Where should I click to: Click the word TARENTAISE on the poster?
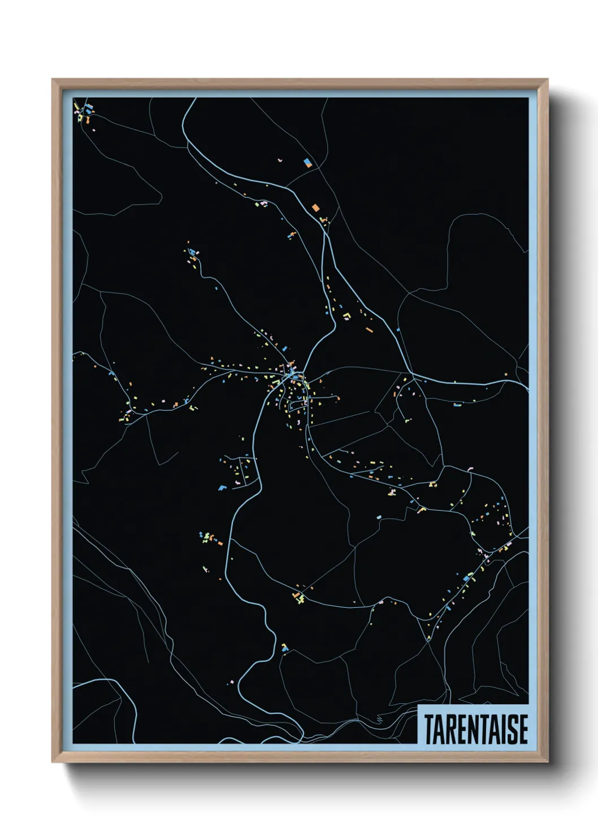476,729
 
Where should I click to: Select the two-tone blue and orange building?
307,163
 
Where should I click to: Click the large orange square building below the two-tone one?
315,207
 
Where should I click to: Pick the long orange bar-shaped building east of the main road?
369,329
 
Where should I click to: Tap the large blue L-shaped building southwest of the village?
222,487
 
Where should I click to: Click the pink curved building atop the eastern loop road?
470,468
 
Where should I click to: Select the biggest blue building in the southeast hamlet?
466,578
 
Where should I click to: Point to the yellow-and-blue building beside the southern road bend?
284,647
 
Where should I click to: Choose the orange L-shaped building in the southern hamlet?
297,595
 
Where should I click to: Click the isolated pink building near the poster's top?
279,160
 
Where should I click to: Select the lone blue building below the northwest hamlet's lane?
215,288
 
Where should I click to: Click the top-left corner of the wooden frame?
53,80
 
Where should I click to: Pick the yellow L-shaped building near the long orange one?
346,315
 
